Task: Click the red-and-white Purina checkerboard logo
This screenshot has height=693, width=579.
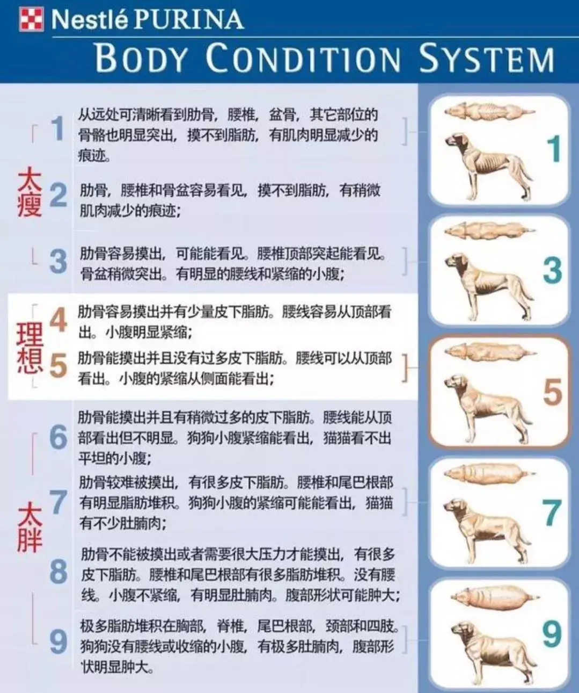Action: (31, 19)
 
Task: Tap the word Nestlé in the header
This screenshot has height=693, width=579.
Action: (90, 20)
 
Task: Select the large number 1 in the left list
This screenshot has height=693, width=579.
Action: (57, 129)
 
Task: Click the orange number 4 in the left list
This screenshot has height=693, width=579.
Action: (58, 320)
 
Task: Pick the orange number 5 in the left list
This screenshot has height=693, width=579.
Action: (58, 367)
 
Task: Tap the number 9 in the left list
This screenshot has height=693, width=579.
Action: (58, 641)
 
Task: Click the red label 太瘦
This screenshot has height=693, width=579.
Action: (30, 192)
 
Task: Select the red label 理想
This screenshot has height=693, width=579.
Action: (30, 347)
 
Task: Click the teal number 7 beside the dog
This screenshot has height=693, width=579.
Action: (551, 513)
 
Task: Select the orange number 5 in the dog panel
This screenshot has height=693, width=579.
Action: (552, 392)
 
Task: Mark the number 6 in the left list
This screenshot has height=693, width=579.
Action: (58, 437)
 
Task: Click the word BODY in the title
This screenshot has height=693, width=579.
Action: (141, 59)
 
